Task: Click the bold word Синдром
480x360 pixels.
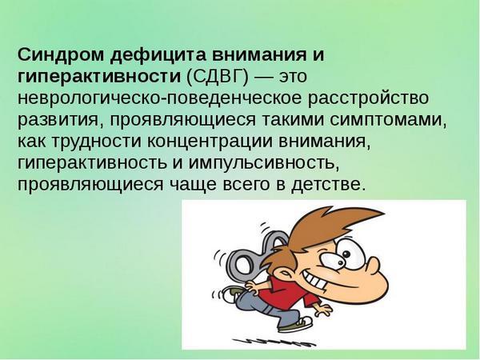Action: tap(61, 54)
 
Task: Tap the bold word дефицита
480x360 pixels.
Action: tap(158, 55)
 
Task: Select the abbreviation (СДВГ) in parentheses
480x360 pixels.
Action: tap(217, 77)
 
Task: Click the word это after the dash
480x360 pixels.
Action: tap(292, 77)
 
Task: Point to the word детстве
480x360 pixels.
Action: tap(328, 186)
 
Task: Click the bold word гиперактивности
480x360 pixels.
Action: tap(99, 77)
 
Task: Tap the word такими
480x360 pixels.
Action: tap(293, 120)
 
